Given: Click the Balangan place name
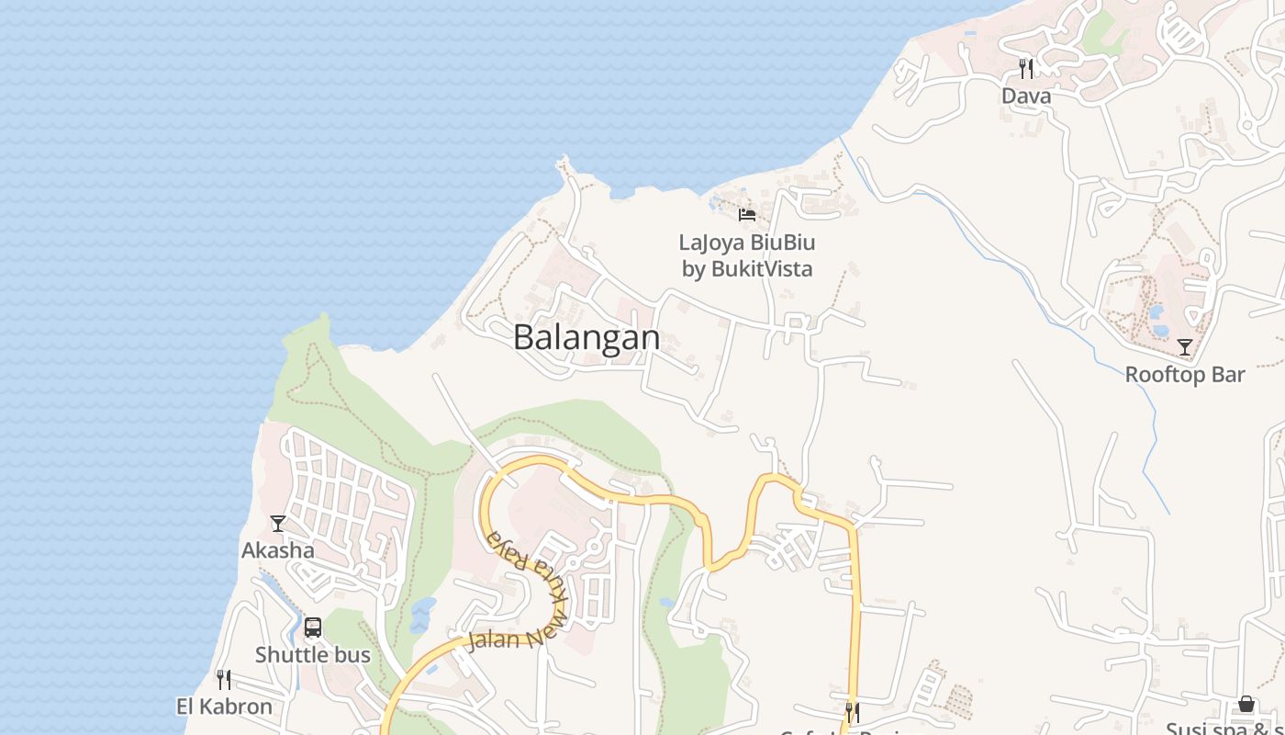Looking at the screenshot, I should tap(586, 337).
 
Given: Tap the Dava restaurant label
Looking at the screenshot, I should tap(1026, 96).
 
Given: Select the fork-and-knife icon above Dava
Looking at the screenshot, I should tap(1026, 68).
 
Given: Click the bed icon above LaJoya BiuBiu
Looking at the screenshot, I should tap(747, 215).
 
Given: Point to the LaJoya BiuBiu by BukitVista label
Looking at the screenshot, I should tap(747, 255).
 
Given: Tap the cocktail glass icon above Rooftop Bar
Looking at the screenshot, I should tap(1185, 347).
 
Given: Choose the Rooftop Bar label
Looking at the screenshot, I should tap(1185, 374).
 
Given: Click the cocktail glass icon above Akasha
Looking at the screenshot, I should tap(278, 524).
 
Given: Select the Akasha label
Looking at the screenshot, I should tap(278, 550).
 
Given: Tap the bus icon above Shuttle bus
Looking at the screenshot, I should tap(313, 628).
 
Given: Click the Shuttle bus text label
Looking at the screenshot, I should tap(313, 655).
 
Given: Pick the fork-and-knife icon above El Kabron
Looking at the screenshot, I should tap(224, 680).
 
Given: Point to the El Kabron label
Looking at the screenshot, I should tap(224, 707).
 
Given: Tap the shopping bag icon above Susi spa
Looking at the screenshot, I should tap(1246, 704).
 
